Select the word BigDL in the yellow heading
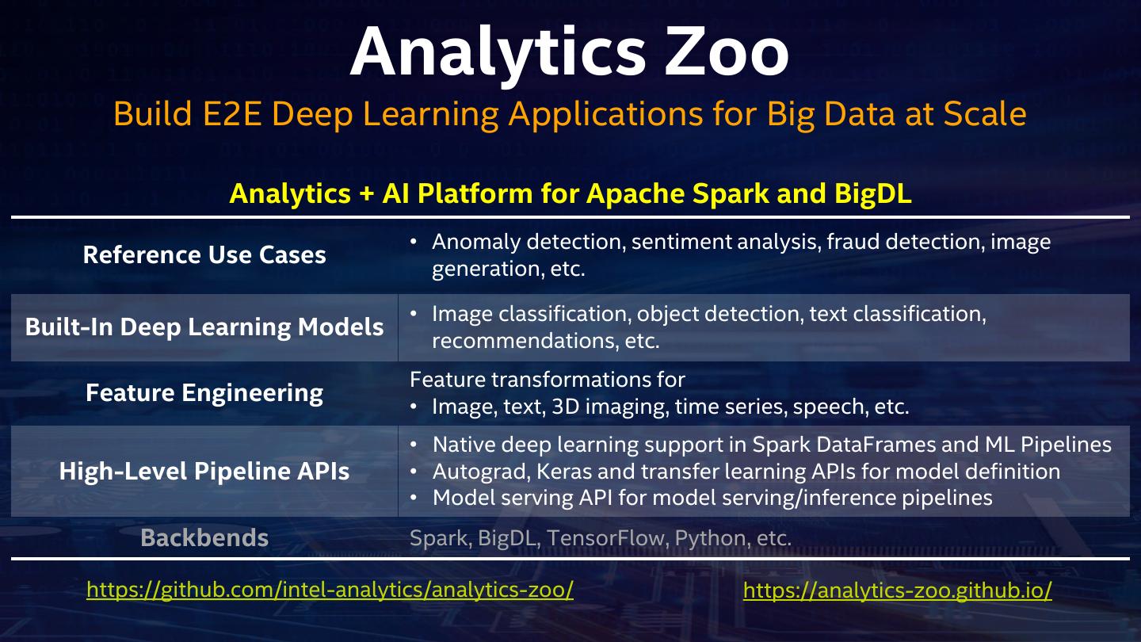872,194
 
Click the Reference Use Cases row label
204,255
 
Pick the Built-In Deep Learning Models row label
204,327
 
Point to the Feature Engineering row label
204,393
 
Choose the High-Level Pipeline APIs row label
204,472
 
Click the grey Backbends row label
204,538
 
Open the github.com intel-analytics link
330,590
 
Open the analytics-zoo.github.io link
897,590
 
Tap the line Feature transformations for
547,380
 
